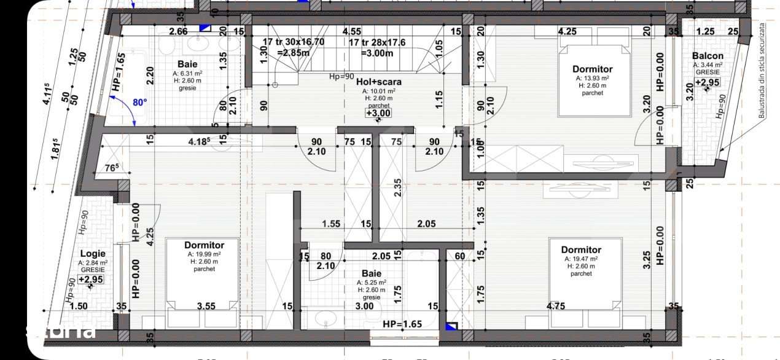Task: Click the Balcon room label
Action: [x=707, y=56]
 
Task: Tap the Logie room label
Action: [x=93, y=253]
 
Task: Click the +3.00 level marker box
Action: [x=378, y=113]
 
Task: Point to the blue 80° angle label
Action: [x=139, y=102]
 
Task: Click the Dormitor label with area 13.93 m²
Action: [x=592, y=69]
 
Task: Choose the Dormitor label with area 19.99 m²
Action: [x=204, y=245]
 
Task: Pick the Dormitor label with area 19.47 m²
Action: [x=580, y=249]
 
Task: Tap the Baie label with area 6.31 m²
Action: [x=187, y=64]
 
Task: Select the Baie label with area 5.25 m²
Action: [x=372, y=273]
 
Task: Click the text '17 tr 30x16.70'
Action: [x=293, y=42]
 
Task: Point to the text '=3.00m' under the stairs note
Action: [x=377, y=53]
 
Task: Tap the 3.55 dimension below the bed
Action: [x=206, y=306]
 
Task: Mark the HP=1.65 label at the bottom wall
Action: [x=402, y=324]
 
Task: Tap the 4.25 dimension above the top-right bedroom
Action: [x=567, y=31]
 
